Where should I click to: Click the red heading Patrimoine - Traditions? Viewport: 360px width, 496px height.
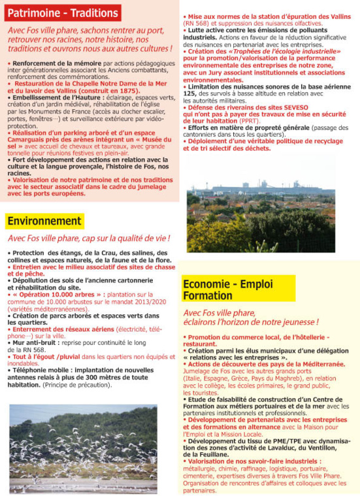pos(63,12)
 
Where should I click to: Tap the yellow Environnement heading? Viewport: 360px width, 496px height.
pos(44,221)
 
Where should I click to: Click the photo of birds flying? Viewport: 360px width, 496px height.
pos(83,450)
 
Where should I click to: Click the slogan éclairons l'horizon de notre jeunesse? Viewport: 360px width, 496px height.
pos(251,323)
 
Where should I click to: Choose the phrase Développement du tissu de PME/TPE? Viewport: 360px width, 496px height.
pos(246,441)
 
